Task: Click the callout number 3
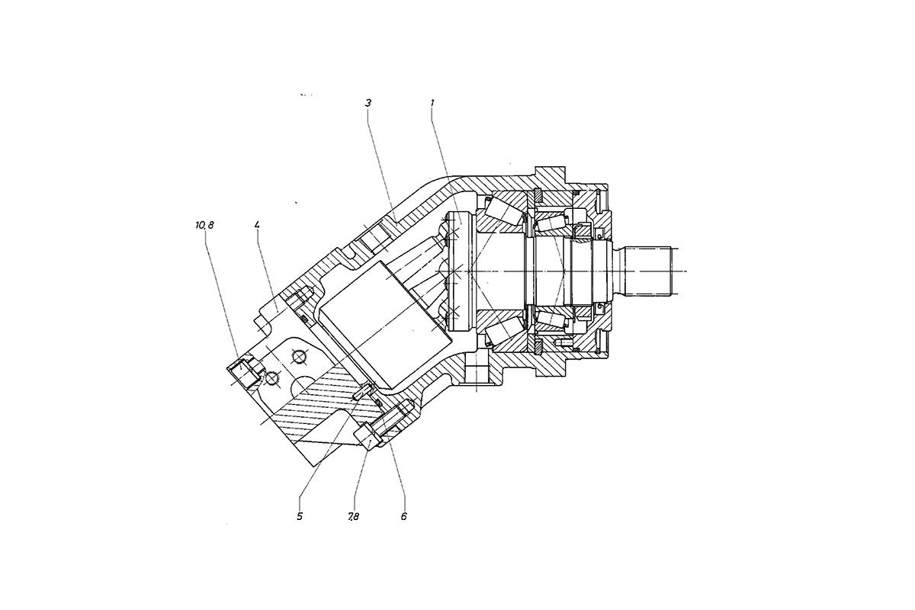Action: (368, 103)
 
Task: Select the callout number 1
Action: (432, 103)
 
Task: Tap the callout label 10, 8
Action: (204, 225)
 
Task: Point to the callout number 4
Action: (258, 225)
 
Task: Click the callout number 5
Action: (300, 516)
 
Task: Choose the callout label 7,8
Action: (353, 516)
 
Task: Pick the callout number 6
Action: (403, 516)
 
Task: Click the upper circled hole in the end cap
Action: (299, 358)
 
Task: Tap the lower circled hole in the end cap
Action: (271, 379)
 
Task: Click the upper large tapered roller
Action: (503, 213)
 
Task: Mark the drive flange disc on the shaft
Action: (461, 271)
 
